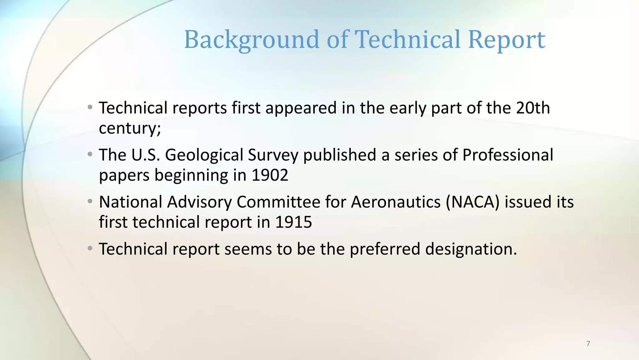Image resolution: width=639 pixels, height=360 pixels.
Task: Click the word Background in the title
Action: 251,40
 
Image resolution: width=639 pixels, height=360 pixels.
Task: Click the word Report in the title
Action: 506,40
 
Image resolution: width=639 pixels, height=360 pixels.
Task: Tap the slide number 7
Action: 588,343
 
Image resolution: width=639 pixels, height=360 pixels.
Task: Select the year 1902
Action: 270,175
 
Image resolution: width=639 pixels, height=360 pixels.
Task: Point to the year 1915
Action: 294,222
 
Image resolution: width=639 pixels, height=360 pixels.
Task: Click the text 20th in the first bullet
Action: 533,108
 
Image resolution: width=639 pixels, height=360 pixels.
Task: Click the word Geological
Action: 204,155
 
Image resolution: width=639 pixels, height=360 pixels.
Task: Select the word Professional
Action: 508,155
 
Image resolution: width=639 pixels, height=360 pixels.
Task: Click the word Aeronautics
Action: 396,202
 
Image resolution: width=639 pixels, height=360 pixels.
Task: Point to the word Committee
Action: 278,202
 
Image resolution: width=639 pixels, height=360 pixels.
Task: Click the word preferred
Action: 385,249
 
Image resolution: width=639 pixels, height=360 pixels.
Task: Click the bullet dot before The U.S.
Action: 90,154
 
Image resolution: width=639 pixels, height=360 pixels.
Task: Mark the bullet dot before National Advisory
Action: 90,201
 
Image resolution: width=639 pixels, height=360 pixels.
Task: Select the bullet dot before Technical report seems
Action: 90,248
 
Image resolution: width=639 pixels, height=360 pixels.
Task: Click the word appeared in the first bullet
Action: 301,108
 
